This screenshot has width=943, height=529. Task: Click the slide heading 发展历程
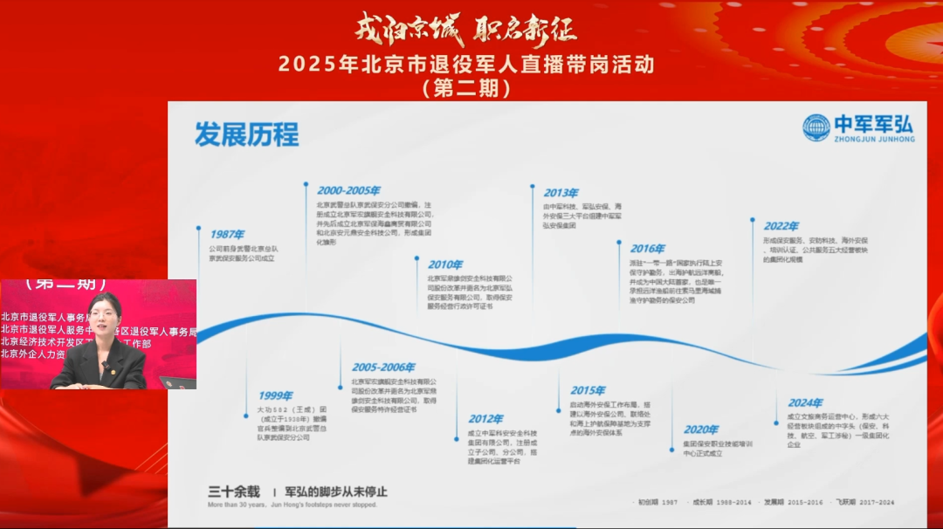(246, 134)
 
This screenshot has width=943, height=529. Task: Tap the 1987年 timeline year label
(227, 234)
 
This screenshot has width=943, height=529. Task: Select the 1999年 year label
(275, 395)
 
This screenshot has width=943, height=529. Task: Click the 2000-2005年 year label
(348, 190)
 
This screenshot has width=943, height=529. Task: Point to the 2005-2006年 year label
(383, 368)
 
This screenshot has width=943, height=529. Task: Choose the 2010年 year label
(445, 264)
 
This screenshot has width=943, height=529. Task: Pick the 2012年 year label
(485, 419)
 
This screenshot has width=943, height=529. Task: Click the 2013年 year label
(561, 193)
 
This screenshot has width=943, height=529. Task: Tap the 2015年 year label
(588, 390)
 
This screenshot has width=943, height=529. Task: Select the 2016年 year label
(647, 249)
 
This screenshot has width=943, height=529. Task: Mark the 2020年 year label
(700, 429)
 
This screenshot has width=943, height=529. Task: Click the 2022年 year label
(781, 226)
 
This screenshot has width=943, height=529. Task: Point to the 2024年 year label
(805, 402)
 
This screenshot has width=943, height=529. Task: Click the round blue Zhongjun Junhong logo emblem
(816, 128)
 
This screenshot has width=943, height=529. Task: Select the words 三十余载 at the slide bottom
(233, 491)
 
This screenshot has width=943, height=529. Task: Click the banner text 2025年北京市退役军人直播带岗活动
(465, 65)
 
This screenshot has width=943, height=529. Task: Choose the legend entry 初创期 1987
(657, 503)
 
